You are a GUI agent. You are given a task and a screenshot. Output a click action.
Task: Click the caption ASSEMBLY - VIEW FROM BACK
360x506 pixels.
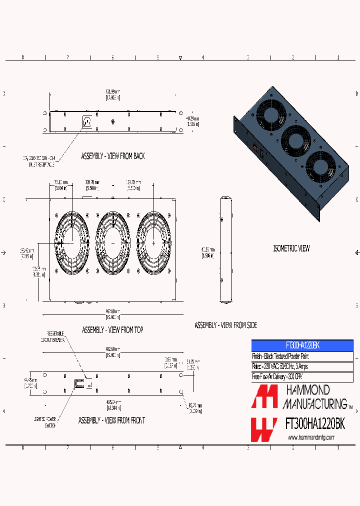(x=112, y=156)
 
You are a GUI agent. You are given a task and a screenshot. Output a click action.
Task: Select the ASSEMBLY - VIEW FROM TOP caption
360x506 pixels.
(x=112, y=330)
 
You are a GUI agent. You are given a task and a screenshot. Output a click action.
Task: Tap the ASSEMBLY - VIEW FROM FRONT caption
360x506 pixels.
(x=111, y=420)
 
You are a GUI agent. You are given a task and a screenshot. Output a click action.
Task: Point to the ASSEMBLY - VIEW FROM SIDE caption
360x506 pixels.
(x=225, y=325)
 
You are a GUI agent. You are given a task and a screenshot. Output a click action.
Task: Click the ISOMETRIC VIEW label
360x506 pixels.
(x=291, y=248)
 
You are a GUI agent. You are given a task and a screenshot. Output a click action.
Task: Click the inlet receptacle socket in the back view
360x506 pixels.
(x=87, y=121)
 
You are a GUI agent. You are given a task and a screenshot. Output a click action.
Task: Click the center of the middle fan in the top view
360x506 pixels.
(x=112, y=242)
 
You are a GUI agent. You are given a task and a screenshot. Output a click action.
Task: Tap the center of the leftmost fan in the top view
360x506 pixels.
(x=71, y=242)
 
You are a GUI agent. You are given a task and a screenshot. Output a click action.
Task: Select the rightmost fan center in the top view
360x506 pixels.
(x=154, y=242)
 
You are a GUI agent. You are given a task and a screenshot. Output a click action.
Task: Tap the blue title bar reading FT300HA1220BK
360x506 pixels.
(x=302, y=345)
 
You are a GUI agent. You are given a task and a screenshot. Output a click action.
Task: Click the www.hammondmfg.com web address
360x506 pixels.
(x=311, y=438)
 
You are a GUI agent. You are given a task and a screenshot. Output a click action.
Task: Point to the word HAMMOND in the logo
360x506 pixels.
(x=307, y=390)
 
